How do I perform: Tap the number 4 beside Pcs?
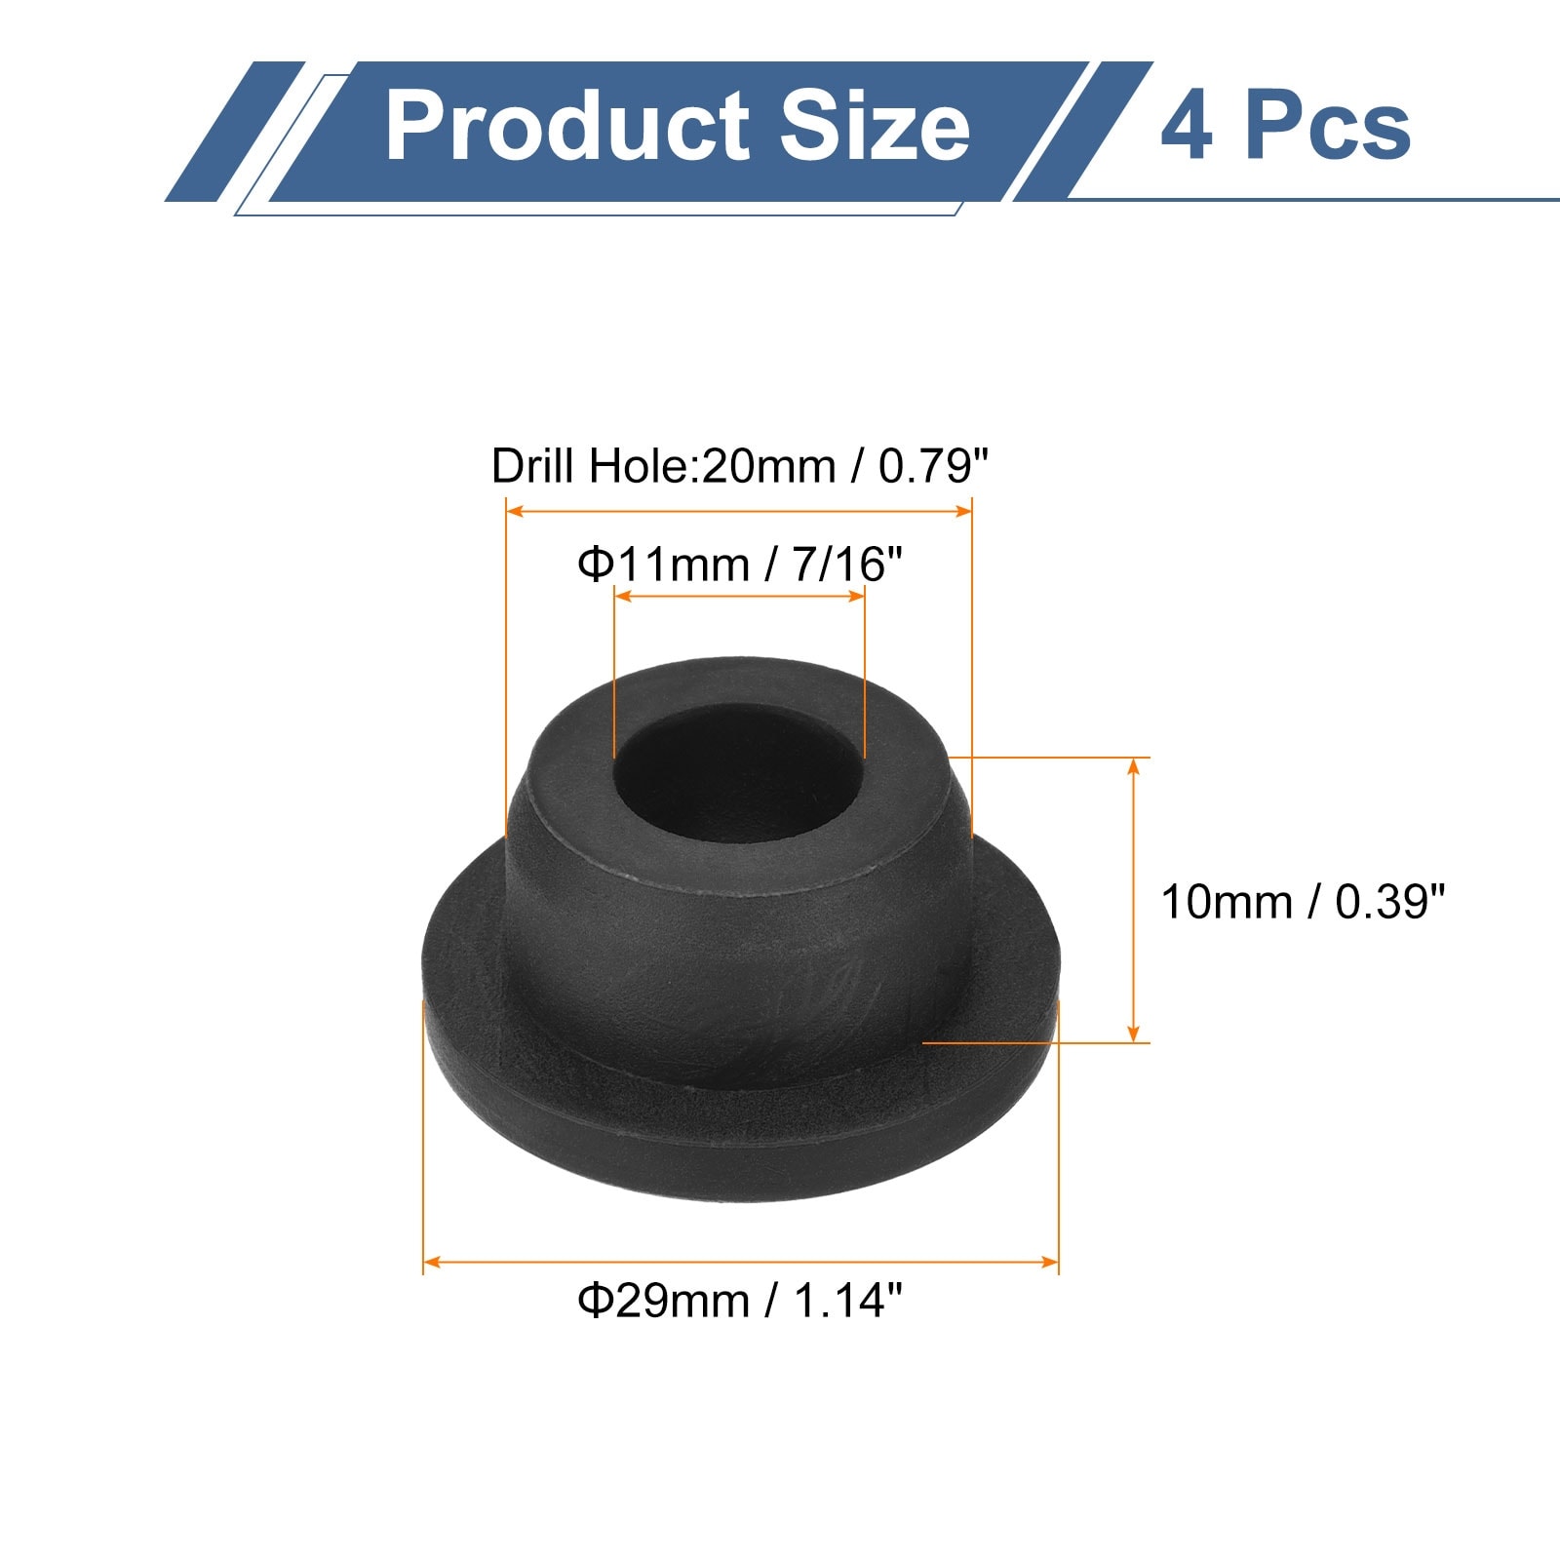coord(1187,127)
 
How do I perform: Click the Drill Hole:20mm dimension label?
coord(740,466)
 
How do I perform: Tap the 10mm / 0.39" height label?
coord(1303,902)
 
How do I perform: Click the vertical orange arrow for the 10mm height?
coord(1133,900)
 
